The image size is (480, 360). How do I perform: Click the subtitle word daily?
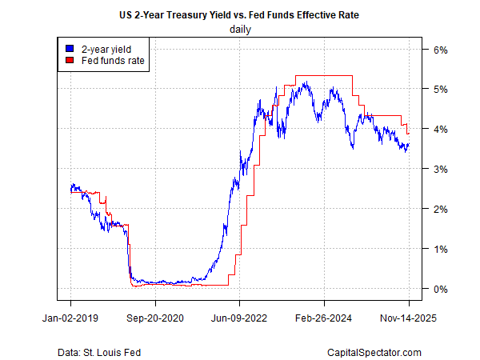[240, 30]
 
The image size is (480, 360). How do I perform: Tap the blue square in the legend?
[70, 48]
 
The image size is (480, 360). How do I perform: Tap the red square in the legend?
[70, 59]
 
